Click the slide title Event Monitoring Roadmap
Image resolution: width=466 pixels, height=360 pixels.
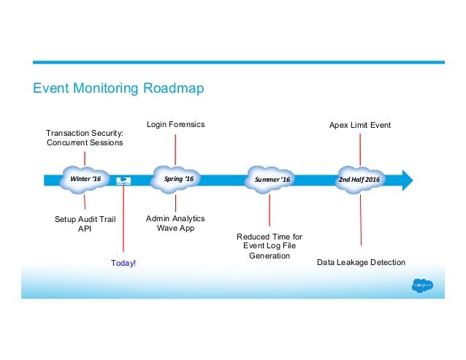tap(118, 89)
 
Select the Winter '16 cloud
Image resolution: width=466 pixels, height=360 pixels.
tap(85, 179)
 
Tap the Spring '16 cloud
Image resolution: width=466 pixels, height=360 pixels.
tap(176, 179)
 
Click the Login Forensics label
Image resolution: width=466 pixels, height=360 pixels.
tap(176, 125)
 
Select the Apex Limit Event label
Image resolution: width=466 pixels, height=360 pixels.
tap(360, 126)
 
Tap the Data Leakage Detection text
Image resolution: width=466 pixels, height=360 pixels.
tap(361, 262)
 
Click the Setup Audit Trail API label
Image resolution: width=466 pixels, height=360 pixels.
tap(85, 223)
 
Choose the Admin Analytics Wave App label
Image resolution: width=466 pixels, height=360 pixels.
tap(176, 223)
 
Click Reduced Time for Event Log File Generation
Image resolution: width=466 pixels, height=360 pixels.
tap(270, 246)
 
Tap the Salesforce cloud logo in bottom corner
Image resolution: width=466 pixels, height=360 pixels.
tap(423, 285)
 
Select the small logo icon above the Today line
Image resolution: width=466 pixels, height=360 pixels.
tap(123, 180)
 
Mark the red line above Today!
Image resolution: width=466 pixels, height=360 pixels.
tap(123, 219)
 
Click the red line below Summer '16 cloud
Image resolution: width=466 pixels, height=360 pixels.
tap(270, 210)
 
